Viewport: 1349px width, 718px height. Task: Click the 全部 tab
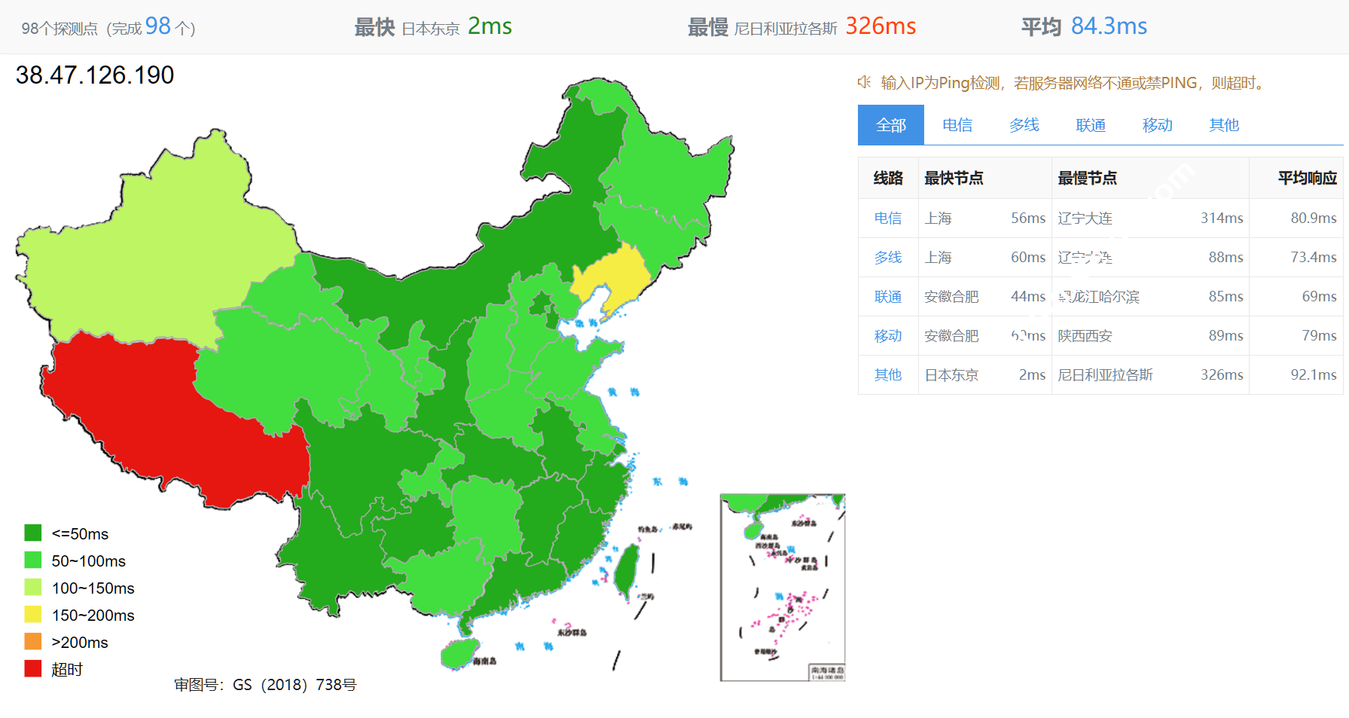click(890, 125)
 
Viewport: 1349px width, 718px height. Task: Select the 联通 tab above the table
click(1090, 125)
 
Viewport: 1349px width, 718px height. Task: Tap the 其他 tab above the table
click(1223, 125)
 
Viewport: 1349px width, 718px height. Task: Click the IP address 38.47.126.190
click(95, 75)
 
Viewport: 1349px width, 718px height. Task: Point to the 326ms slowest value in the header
click(880, 26)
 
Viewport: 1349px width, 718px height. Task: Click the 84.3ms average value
click(1109, 26)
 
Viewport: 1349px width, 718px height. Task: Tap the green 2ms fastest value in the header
click(490, 26)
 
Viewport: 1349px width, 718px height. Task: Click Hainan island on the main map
click(459, 654)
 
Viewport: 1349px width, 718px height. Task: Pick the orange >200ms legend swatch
click(33, 642)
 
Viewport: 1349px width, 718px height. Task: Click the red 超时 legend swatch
click(33, 669)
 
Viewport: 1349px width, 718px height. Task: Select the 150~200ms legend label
click(93, 615)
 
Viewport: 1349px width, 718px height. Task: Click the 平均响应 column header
click(1307, 179)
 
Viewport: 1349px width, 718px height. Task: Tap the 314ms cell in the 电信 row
click(1221, 218)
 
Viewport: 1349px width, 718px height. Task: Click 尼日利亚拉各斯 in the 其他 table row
click(1105, 375)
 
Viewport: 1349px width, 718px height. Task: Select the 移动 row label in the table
click(887, 336)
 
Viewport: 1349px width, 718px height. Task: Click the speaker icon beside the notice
click(865, 82)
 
